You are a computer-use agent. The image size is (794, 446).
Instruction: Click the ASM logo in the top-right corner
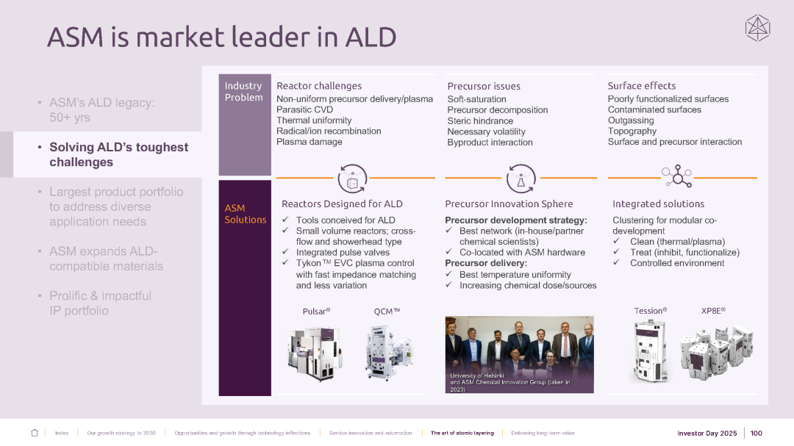(x=757, y=28)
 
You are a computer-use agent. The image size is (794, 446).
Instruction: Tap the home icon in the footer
(x=35, y=433)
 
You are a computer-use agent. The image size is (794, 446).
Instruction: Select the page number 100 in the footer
(x=757, y=433)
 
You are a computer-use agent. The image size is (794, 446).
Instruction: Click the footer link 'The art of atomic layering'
(x=462, y=434)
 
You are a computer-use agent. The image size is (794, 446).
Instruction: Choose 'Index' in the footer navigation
(x=62, y=434)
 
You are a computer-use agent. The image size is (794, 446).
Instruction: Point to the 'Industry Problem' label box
(x=243, y=92)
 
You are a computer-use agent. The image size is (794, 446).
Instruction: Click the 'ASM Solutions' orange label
(x=246, y=214)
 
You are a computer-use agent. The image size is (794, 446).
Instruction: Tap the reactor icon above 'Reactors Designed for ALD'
(x=351, y=178)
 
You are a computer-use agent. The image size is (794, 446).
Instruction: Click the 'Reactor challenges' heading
(x=319, y=86)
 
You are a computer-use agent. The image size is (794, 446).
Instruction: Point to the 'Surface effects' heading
(x=641, y=86)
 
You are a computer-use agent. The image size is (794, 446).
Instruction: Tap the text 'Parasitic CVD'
(x=304, y=109)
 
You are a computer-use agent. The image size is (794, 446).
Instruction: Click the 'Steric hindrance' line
(x=480, y=121)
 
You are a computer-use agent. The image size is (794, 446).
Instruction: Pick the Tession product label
(x=650, y=311)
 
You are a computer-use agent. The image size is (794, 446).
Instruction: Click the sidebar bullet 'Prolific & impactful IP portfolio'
(x=100, y=303)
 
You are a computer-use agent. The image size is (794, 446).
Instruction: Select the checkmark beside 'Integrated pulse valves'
(x=285, y=252)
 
